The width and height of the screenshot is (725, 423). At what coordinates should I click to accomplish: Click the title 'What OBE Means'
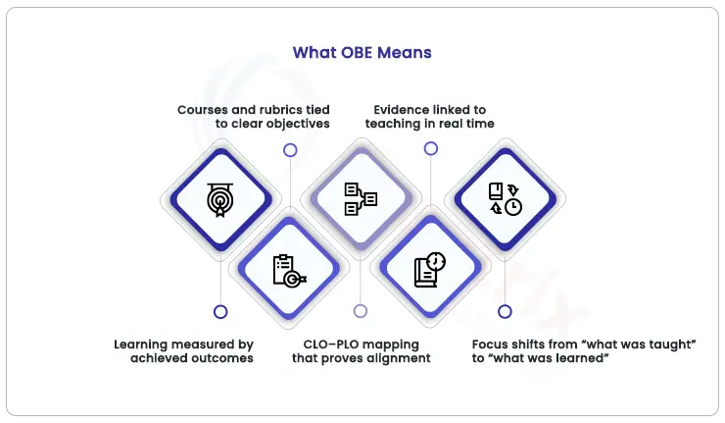361,53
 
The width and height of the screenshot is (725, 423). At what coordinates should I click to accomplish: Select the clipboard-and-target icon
288,269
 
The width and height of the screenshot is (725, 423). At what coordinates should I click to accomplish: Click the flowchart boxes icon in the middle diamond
360,198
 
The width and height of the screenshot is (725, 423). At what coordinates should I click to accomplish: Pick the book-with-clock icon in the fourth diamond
430,269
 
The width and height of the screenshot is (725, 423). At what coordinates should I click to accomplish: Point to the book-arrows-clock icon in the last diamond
505,198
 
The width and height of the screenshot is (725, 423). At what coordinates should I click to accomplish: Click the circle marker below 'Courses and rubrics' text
290,150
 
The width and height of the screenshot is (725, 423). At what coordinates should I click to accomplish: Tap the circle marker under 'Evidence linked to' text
430,148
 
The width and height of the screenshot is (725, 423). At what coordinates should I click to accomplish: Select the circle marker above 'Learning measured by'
220,312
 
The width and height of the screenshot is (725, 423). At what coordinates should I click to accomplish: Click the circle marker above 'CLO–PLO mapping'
361,311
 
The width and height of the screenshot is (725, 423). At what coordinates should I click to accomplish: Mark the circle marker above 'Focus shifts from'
505,311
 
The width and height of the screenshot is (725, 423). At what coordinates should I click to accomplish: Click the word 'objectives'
294,124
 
